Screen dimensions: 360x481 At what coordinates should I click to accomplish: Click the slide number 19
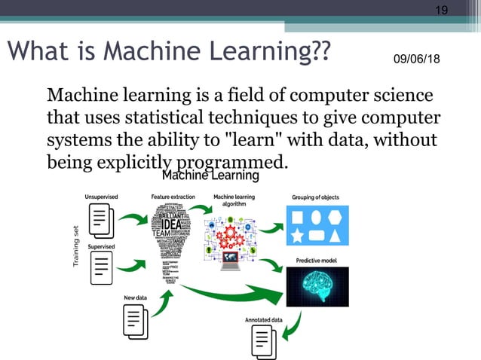[x=443, y=10]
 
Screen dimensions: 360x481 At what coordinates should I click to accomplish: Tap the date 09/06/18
[x=418, y=59]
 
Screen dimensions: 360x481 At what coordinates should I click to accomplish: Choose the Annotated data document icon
[x=264, y=340]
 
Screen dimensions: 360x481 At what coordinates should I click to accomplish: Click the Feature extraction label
[x=173, y=197]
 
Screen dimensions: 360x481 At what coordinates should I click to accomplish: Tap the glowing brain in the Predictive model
[x=317, y=286]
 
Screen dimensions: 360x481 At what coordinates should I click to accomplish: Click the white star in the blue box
[x=296, y=237]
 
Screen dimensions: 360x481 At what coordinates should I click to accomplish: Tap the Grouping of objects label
[x=315, y=197]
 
